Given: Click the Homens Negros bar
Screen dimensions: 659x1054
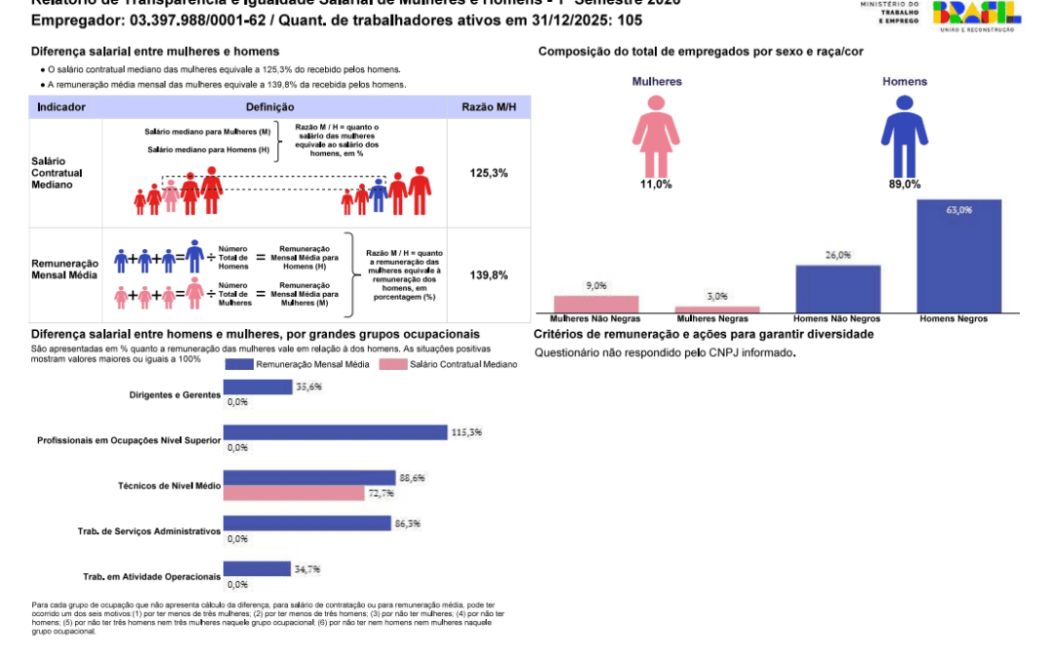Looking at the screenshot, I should [x=959, y=256].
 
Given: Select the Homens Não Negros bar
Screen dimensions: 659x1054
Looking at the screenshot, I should [x=838, y=288].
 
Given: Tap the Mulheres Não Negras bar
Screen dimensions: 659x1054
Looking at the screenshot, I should [x=596, y=304].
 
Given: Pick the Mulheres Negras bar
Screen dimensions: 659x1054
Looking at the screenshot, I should [x=717, y=309].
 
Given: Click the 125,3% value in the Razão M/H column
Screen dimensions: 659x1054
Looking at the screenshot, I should [x=489, y=173].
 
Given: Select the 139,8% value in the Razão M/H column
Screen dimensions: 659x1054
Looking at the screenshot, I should [x=489, y=275].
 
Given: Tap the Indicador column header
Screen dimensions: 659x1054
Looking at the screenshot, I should [x=61, y=106].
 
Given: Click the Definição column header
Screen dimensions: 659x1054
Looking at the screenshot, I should [x=265, y=106].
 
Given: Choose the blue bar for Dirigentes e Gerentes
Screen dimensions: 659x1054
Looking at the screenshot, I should [x=258, y=387].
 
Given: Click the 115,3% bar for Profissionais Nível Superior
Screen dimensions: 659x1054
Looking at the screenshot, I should [x=336, y=432].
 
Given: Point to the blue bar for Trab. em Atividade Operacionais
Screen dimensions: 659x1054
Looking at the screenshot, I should [x=257, y=568].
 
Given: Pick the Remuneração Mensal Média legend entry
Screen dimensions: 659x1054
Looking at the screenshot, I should [x=292, y=364].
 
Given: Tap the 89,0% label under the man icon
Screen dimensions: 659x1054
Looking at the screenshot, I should [x=905, y=184].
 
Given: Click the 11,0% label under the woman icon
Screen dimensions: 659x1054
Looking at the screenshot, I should [x=655, y=184].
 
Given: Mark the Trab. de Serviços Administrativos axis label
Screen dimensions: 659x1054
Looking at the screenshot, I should [x=149, y=531].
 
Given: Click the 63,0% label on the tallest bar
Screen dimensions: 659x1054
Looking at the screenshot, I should [x=958, y=210].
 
